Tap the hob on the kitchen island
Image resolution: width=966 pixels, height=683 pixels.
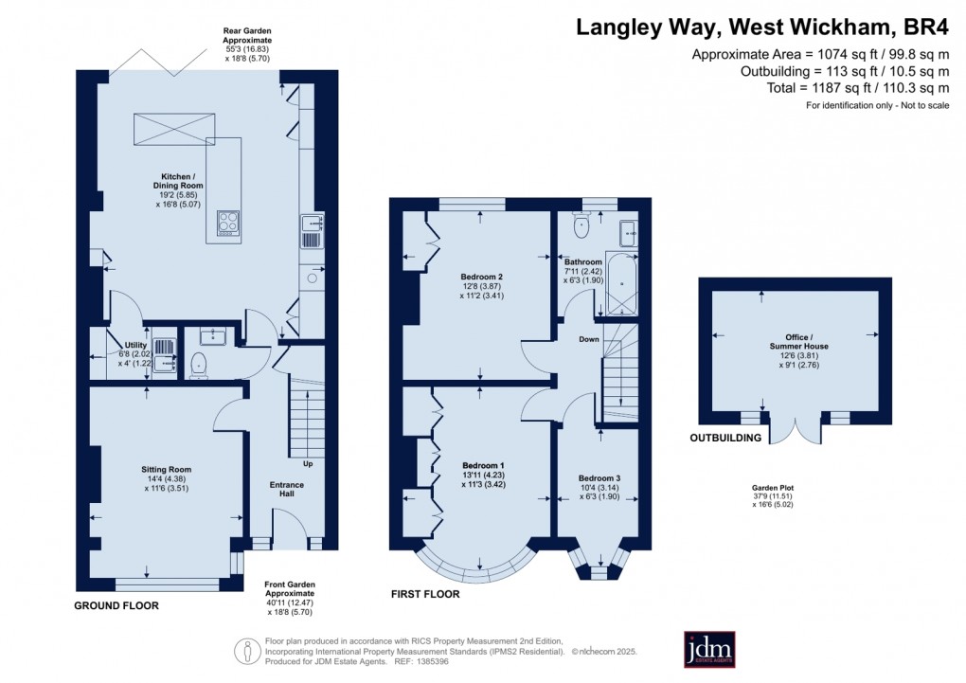point(228,223)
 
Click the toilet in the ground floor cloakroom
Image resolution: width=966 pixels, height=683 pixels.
point(199,364)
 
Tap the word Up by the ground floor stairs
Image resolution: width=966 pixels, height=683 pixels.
point(308,464)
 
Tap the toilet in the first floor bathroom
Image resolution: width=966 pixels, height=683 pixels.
point(581,227)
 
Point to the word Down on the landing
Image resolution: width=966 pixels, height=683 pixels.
point(589,338)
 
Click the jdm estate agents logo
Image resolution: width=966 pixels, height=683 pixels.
point(709,649)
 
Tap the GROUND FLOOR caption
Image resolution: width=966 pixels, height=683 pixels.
point(116,605)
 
